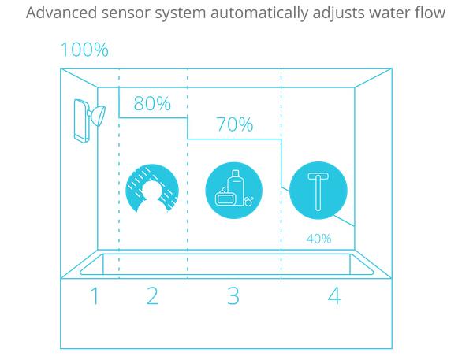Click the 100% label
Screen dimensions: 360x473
pyautogui.click(x=84, y=50)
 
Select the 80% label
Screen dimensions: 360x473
pyautogui.click(x=152, y=104)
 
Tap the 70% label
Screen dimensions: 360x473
pyautogui.click(x=234, y=124)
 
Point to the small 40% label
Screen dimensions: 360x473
pyautogui.click(x=318, y=238)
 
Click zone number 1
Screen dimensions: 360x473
pyautogui.click(x=95, y=296)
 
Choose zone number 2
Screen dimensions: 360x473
pyautogui.click(x=152, y=296)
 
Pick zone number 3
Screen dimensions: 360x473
pyautogui.click(x=233, y=296)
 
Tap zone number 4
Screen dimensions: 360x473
pyautogui.click(x=334, y=296)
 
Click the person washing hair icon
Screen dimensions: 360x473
pyautogui.click(x=153, y=187)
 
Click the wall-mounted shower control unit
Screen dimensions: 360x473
pyautogui.click(x=80, y=121)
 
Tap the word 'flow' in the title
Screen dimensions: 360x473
pyautogui.click(x=429, y=13)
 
